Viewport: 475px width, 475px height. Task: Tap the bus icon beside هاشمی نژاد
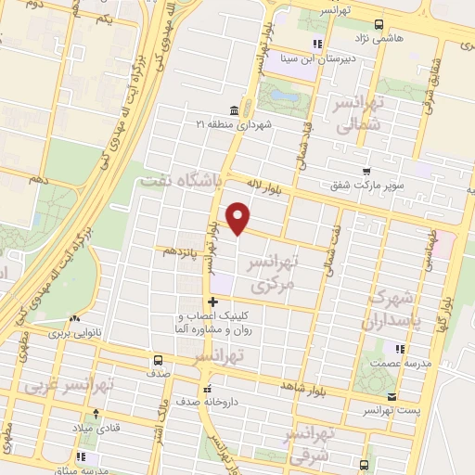tap(378, 25)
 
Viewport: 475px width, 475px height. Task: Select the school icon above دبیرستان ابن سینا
tap(318, 43)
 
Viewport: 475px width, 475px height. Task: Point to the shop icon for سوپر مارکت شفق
tap(367, 172)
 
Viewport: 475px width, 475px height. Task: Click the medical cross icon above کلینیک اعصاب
tap(212, 301)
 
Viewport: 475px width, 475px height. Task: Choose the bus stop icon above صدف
tap(157, 359)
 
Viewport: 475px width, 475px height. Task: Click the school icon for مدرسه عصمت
tap(400, 349)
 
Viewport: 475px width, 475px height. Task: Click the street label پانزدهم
tap(182, 250)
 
